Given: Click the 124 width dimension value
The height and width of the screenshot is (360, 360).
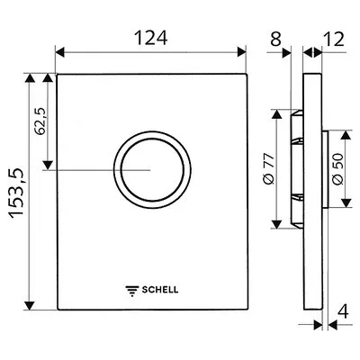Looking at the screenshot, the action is point(150,39).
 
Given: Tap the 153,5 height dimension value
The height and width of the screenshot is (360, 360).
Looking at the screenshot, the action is point(16,193).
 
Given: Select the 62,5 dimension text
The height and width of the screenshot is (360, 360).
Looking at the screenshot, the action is point(40,121).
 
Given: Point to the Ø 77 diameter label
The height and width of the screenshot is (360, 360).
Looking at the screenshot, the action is point(268,168).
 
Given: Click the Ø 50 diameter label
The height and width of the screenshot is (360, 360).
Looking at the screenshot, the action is point(337,169).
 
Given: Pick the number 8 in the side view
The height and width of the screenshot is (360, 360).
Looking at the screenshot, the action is point(276,39).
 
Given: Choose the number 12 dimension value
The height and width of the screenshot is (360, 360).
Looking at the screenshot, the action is point(334,39).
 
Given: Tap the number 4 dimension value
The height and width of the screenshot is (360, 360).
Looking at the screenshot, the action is point(343,311).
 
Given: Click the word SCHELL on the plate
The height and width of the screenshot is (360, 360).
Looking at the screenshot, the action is point(160,290).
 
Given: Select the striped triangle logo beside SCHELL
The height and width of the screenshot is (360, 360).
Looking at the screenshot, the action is point(132,291).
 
